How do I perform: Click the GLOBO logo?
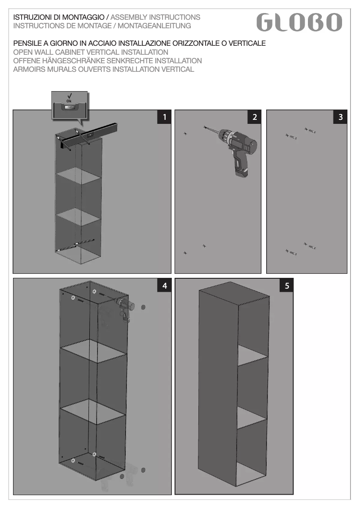299,22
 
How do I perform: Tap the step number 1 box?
164,117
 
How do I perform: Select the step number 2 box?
254,117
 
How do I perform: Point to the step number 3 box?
340,117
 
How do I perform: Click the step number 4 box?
165,285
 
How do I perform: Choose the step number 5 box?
287,285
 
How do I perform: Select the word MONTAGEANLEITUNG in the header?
154,26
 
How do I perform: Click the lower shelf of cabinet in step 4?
93,412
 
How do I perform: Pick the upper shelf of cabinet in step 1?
79,176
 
